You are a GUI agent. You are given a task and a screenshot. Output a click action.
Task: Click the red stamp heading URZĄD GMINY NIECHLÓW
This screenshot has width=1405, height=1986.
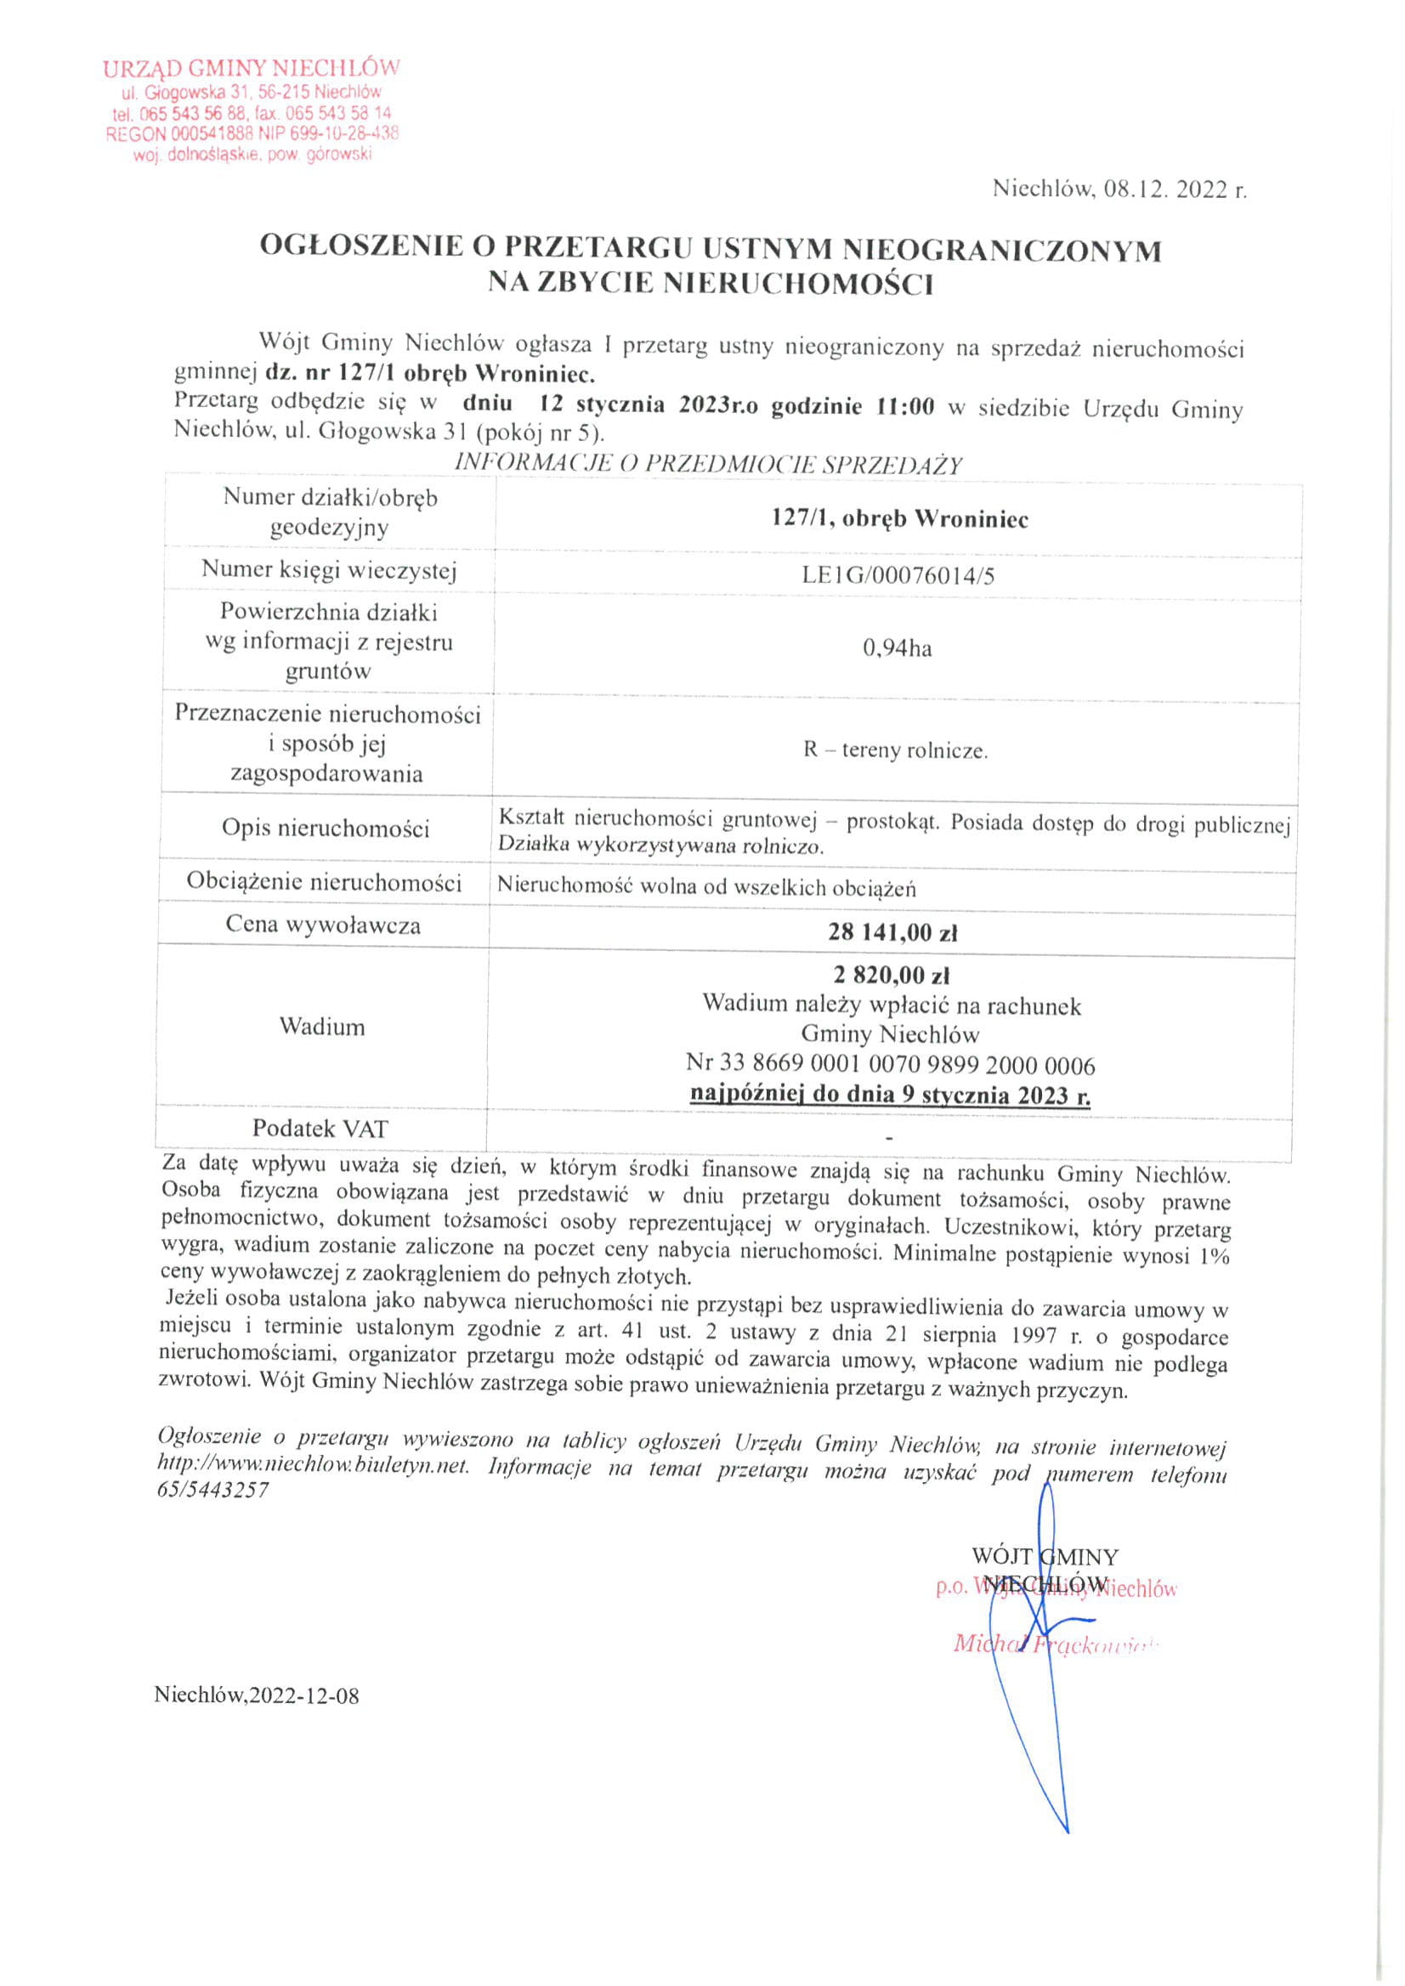pos(252,68)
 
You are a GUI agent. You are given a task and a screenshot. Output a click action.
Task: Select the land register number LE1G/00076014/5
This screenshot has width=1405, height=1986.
pos(898,575)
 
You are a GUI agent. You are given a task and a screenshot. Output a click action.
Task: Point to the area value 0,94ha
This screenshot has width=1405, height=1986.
pos(898,648)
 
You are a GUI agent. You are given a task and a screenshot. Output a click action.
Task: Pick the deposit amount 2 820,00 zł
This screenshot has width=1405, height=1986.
pos(892,975)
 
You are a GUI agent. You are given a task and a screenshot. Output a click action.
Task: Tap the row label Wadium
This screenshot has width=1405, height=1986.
pos(322,1027)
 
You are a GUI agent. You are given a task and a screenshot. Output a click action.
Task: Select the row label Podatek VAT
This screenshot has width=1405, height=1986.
pos(320,1128)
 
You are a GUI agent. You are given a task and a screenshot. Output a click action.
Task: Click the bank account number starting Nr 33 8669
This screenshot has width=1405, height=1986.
pos(890,1064)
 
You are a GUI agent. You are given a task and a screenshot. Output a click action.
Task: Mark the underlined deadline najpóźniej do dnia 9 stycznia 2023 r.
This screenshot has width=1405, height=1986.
pos(890,1095)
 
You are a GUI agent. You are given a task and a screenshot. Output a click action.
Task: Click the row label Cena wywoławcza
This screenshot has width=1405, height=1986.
pos(324,925)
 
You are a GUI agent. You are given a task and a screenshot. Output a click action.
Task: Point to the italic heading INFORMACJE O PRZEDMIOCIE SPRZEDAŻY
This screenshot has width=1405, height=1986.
pos(708,465)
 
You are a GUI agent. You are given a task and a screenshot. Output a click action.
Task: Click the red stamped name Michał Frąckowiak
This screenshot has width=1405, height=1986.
pos(1054,1644)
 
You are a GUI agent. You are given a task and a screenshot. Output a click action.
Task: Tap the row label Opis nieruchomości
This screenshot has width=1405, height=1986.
pos(326,828)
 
